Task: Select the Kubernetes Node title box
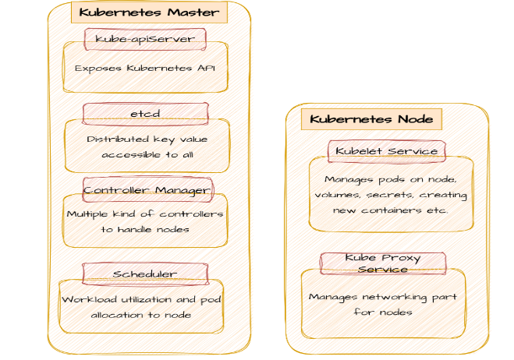pyautogui.click(x=371, y=119)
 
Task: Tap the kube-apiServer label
pyautogui.click(x=145, y=38)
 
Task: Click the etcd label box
pyautogui.click(x=145, y=114)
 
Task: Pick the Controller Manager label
pyautogui.click(x=147, y=189)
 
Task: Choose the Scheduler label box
pyautogui.click(x=145, y=274)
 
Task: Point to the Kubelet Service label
pyautogui.click(x=387, y=151)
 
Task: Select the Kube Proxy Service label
pyautogui.click(x=383, y=263)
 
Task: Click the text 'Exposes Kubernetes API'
pyautogui.click(x=145, y=69)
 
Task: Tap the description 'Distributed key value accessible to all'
pyautogui.click(x=147, y=146)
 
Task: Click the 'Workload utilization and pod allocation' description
pyautogui.click(x=141, y=307)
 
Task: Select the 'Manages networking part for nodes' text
pyautogui.click(x=383, y=304)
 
